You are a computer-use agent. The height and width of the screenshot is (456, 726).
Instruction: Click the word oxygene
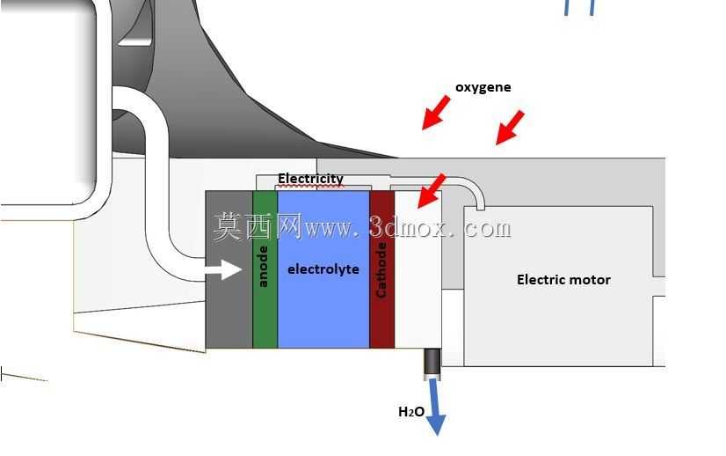pyautogui.click(x=483, y=88)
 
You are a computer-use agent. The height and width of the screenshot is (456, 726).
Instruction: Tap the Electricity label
pyautogui.click(x=310, y=179)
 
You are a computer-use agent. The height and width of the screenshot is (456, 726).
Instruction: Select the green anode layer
pyautogui.click(x=265, y=269)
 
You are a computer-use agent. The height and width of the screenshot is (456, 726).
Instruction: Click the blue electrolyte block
pyautogui.click(x=323, y=269)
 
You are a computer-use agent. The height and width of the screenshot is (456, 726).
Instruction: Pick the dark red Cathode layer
pyautogui.click(x=382, y=269)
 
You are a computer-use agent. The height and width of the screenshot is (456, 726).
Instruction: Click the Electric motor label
pyautogui.click(x=563, y=280)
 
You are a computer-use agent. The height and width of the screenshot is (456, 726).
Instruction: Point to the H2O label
pyautogui.click(x=411, y=411)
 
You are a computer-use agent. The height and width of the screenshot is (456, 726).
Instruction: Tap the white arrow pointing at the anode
pyautogui.click(x=223, y=270)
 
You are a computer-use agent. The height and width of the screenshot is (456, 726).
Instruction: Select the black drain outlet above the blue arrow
pyautogui.click(x=432, y=364)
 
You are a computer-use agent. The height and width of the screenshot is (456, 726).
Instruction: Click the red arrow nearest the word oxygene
pyautogui.click(x=436, y=113)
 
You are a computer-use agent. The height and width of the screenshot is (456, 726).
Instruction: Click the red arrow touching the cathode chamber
pyautogui.click(x=431, y=191)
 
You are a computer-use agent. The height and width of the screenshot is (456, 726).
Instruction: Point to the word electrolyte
pyautogui.click(x=323, y=269)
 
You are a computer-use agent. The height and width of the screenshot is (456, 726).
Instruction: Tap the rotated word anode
pyautogui.click(x=263, y=267)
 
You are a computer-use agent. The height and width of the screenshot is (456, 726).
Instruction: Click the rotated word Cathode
pyautogui.click(x=381, y=270)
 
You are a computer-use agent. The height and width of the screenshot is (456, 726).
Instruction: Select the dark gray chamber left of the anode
pyautogui.click(x=229, y=269)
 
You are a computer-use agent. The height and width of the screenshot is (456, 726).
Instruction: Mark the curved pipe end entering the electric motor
pyautogui.click(x=481, y=203)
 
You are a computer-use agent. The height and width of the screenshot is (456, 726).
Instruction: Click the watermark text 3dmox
pyautogui.click(x=407, y=228)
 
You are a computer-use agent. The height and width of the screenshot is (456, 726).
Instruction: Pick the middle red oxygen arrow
pyautogui.click(x=510, y=128)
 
